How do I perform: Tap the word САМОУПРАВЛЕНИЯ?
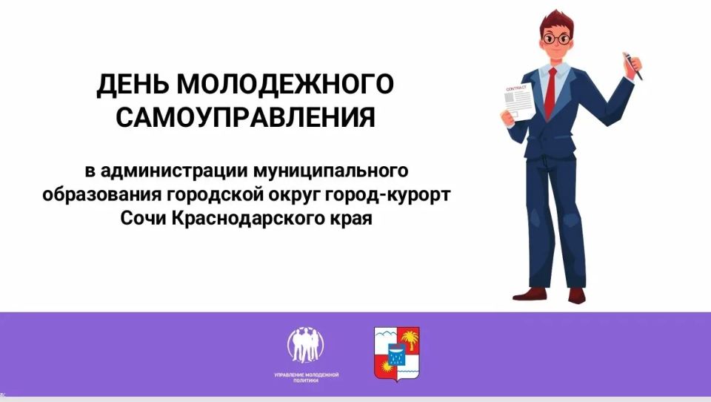(x=246, y=117)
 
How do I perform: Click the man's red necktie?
(x=550, y=93)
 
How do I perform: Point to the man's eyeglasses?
(x=556, y=39)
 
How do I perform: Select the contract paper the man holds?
(x=518, y=103)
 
